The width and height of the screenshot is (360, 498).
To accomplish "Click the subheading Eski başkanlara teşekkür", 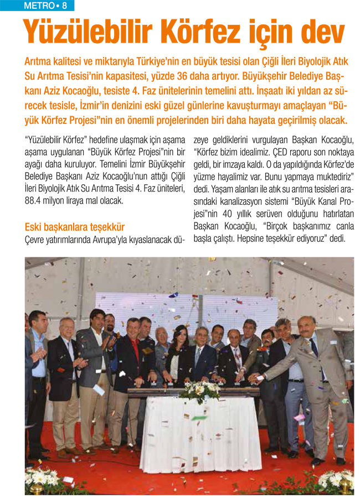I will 75,227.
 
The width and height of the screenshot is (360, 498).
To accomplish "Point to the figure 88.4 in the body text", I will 34,200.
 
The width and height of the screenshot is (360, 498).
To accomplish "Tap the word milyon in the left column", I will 61,200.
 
